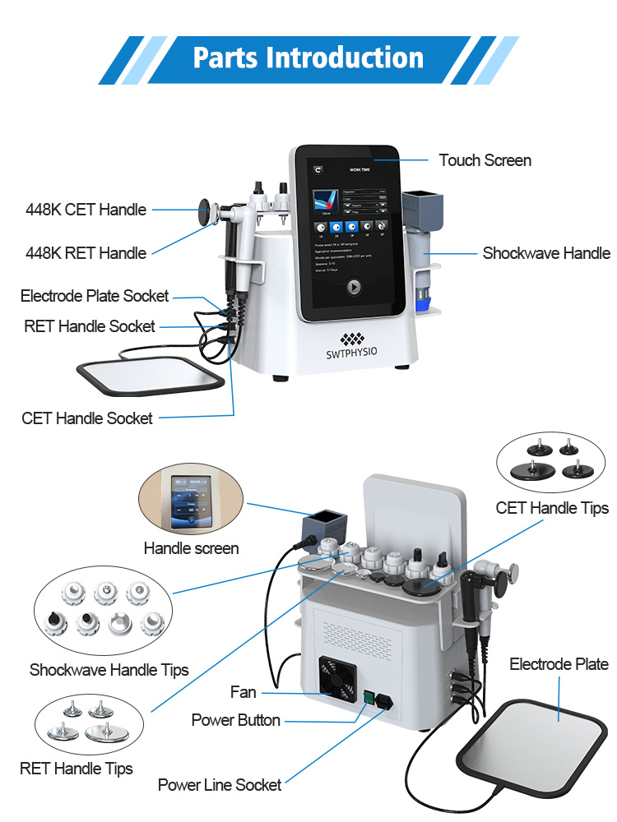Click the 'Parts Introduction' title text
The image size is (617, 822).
click(308, 58)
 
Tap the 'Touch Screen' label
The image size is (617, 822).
click(485, 160)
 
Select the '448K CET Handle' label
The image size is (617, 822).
click(86, 210)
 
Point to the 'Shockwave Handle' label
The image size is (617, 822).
click(546, 253)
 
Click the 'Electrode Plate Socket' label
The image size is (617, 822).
click(95, 296)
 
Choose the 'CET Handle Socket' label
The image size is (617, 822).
click(87, 418)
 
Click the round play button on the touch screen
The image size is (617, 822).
click(352, 288)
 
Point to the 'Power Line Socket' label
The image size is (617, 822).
click(220, 785)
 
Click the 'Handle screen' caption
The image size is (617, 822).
click(191, 548)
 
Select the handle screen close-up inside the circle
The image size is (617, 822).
click(191, 501)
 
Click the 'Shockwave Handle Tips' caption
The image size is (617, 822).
click(109, 670)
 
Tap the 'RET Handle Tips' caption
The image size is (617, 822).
click(77, 769)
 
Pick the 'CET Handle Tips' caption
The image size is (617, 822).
click(552, 508)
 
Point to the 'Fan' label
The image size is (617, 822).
click(244, 692)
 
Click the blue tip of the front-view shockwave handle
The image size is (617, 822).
click(424, 304)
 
